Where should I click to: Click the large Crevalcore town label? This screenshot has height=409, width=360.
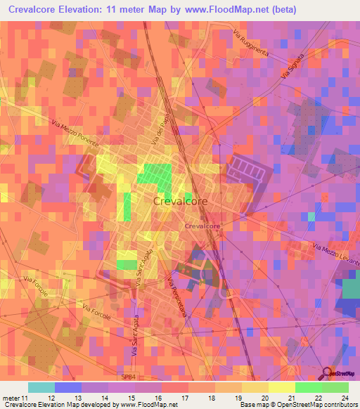point(180,201)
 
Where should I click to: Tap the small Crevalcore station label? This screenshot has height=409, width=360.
point(202,227)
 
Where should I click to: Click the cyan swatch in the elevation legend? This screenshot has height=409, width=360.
point(41,387)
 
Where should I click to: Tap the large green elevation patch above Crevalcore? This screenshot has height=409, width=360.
point(157,176)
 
